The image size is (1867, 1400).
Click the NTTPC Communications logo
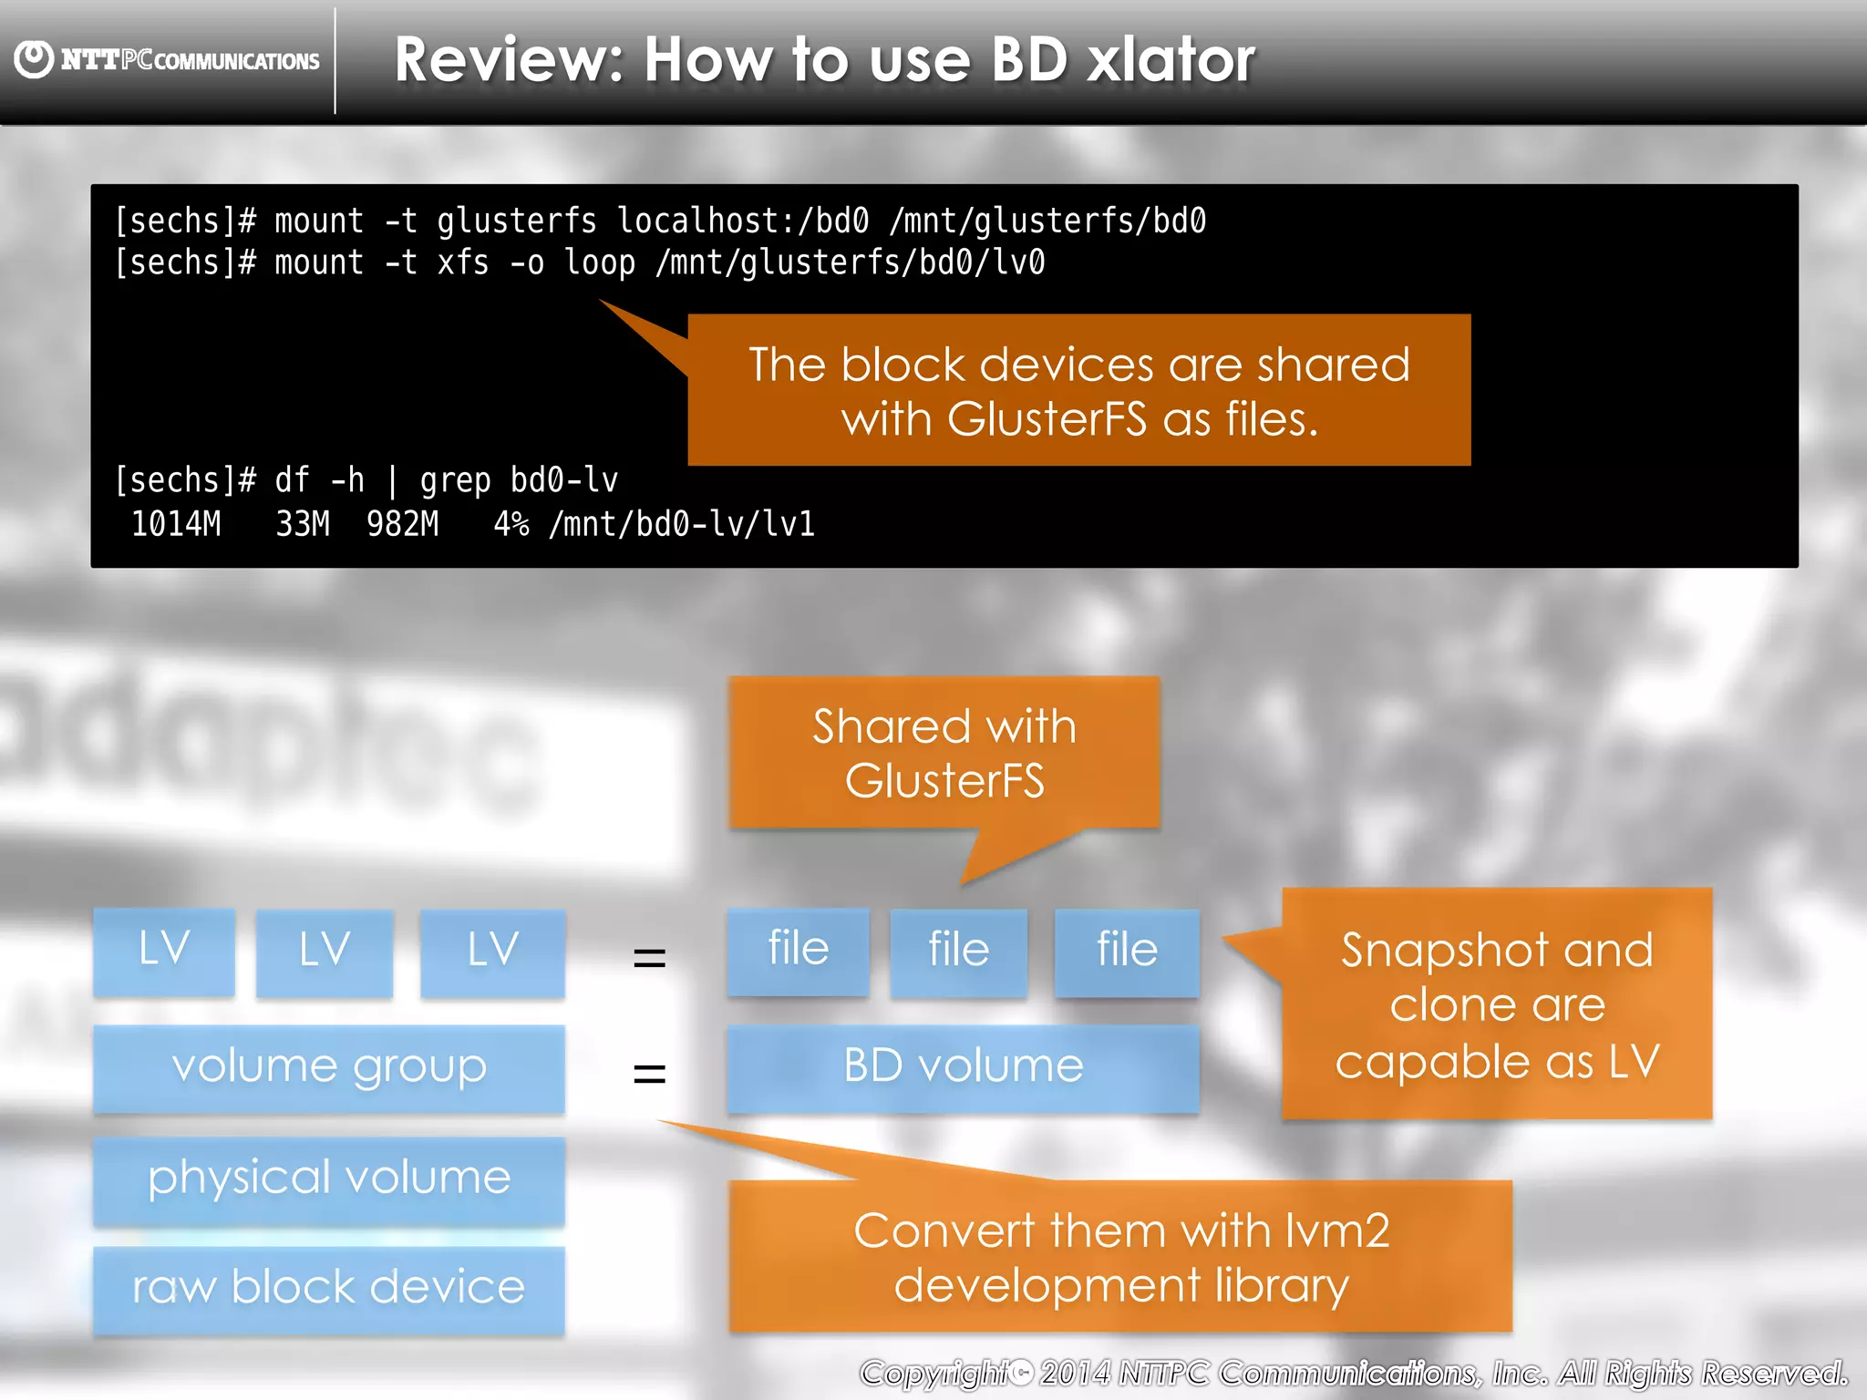[167, 60]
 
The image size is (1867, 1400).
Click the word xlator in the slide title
[1171, 60]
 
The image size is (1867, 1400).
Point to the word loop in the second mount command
[599, 262]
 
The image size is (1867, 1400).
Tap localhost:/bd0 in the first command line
[742, 221]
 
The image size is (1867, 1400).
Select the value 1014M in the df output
[176, 524]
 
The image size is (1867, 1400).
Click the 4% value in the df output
[511, 524]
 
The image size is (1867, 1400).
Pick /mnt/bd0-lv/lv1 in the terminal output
[681, 524]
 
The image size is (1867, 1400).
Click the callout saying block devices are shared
[1078, 390]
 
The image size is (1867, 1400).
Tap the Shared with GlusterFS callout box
[944, 753]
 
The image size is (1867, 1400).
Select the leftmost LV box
[164, 951]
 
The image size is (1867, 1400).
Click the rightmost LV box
[492, 951]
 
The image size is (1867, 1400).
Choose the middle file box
[958, 951]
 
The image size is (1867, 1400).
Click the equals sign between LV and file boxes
[649, 957]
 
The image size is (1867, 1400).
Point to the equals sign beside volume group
[649, 1072]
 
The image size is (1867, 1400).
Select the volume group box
[329, 1067]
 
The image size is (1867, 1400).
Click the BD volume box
[963, 1067]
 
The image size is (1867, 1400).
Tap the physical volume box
[329, 1179]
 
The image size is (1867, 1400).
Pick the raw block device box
[329, 1289]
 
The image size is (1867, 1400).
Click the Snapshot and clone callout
[1496, 1004]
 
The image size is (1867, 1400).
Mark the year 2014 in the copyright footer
[1075, 1373]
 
